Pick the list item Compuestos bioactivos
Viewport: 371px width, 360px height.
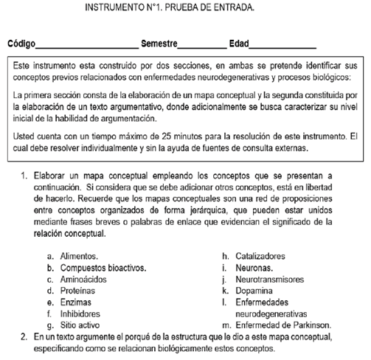point(103,269)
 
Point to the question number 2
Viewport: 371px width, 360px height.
point(24,336)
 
